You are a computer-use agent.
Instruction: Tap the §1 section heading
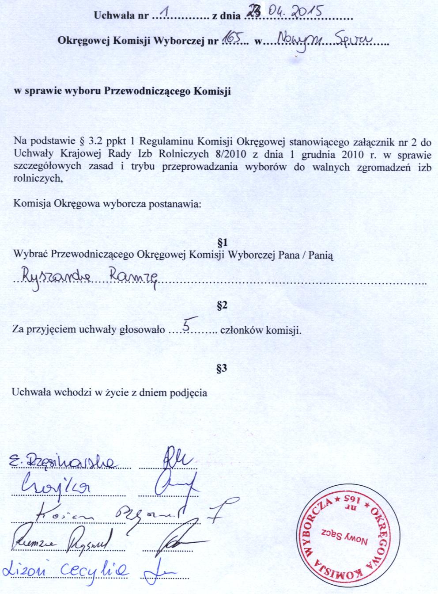coord(223,243)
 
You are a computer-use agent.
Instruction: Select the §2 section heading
coord(223,305)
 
